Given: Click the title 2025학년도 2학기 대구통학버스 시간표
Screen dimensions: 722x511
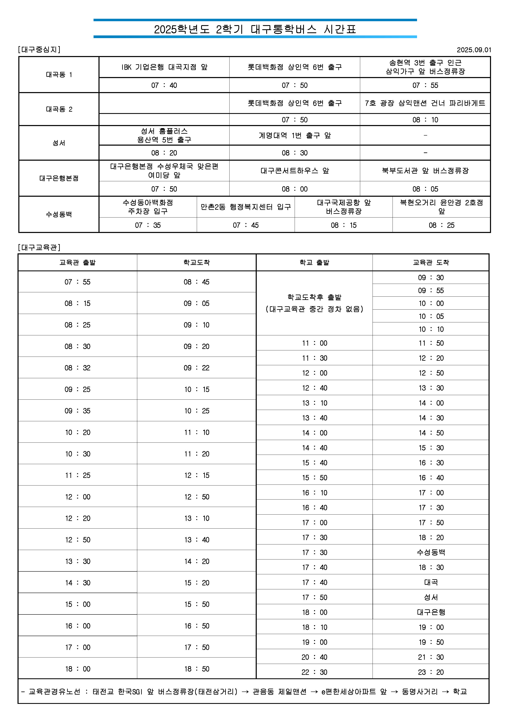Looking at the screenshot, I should [255, 29].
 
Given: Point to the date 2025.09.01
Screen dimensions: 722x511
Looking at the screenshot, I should [473, 50].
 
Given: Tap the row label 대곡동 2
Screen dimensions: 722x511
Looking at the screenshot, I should [59, 109].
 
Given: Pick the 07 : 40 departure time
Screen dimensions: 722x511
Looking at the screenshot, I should [164, 85].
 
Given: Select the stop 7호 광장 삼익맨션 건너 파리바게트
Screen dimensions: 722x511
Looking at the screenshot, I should [425, 103].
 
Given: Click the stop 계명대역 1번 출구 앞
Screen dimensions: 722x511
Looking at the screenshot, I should [294, 135].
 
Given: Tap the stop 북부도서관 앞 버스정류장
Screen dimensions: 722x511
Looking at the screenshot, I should [425, 171].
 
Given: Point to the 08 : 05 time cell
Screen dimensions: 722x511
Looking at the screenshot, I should [425, 189].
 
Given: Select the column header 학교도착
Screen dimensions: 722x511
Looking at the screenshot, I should [196, 262].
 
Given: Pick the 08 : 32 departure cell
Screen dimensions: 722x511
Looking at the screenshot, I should [77, 368].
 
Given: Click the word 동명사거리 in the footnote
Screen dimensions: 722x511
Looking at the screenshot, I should [420, 692].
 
